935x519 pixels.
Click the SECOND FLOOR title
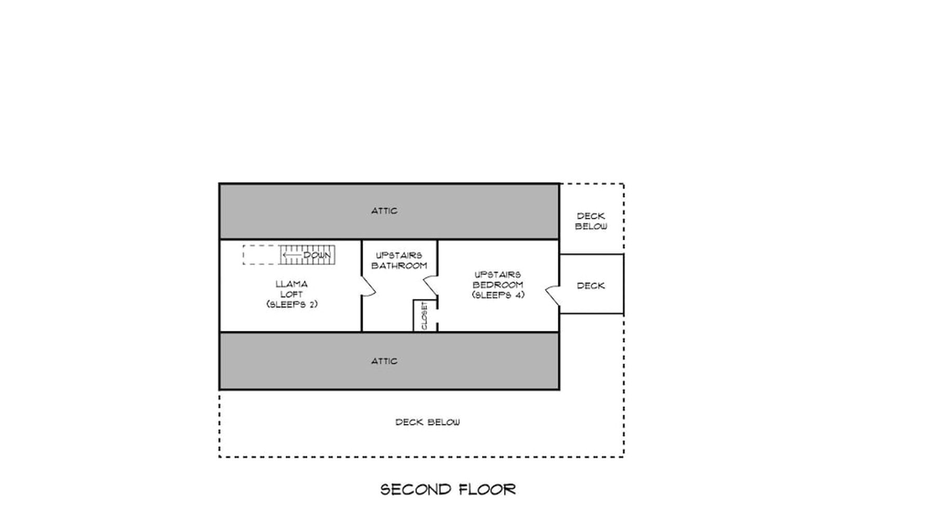click(x=448, y=489)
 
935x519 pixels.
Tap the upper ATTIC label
click(x=384, y=211)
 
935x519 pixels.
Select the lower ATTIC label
click(x=384, y=361)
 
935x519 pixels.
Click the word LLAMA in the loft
click(x=291, y=284)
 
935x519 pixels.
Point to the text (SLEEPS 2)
click(x=291, y=305)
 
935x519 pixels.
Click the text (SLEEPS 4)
click(x=498, y=295)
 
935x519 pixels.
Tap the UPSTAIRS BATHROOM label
click(x=399, y=261)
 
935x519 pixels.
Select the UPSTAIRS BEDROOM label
click(x=498, y=280)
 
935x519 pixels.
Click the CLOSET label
click(x=424, y=316)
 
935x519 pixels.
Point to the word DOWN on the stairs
click(x=317, y=255)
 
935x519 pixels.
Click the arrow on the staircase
click(x=293, y=255)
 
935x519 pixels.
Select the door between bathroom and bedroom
click(x=431, y=286)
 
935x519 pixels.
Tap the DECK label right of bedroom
click(x=591, y=286)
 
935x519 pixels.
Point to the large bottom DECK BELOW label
click(x=428, y=422)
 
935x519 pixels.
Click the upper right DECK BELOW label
click(x=591, y=221)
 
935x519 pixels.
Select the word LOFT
click(x=291, y=295)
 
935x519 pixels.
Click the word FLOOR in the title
click(x=488, y=489)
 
